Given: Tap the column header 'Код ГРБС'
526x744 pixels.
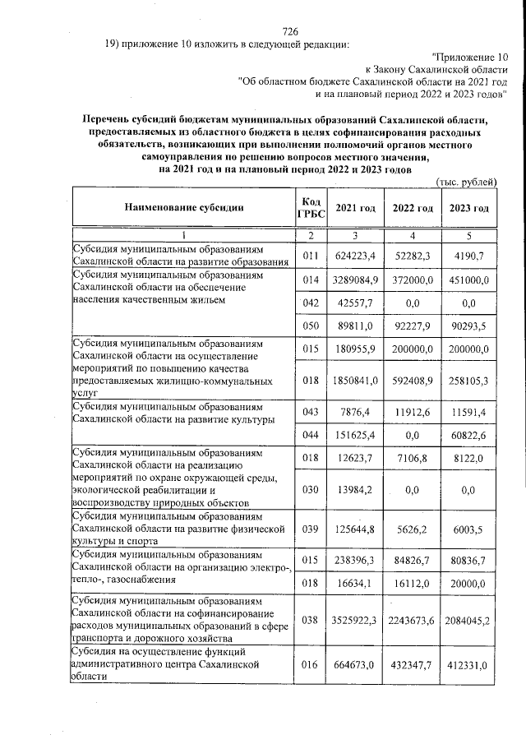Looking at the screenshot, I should coord(310,209).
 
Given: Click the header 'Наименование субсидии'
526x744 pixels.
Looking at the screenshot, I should coord(184,209).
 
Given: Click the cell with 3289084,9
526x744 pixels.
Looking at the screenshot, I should coord(354,280).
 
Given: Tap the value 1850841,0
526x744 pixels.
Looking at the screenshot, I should coord(354,381).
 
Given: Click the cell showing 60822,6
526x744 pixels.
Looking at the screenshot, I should coord(470,434).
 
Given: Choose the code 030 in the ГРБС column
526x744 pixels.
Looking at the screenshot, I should coord(310,490).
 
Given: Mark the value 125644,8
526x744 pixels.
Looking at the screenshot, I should coord(354,532).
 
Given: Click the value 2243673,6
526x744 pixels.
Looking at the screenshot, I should coord(412,620).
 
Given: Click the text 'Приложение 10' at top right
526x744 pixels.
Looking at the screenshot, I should coord(469,58).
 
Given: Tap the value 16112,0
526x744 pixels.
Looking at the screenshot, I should coord(412,585).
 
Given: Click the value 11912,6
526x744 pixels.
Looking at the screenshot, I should coord(412,412).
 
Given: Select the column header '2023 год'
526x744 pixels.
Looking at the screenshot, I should coord(470,209).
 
